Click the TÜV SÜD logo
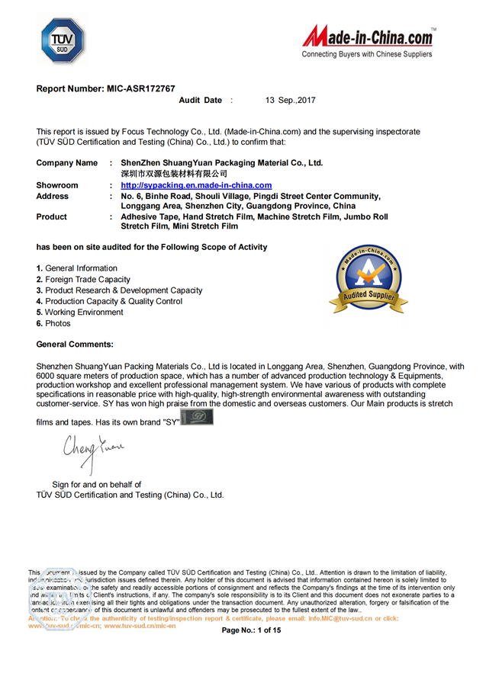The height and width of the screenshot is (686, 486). (x=63, y=40)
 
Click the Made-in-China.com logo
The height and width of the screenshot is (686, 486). (x=369, y=37)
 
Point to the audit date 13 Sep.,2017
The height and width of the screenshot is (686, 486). (x=290, y=101)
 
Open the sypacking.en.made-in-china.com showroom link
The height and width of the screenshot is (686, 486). (x=196, y=185)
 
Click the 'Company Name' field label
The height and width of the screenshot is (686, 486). (x=67, y=163)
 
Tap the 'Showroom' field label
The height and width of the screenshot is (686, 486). (x=57, y=185)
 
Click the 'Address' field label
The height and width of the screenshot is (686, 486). (x=53, y=196)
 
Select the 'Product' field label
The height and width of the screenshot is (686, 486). (x=52, y=216)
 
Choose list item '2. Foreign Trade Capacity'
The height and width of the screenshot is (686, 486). (x=83, y=280)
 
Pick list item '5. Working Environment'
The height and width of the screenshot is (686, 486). (x=79, y=313)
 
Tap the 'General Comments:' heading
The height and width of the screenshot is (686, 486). (x=75, y=345)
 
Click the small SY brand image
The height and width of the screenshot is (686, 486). (x=198, y=418)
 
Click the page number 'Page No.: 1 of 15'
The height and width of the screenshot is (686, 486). (x=252, y=630)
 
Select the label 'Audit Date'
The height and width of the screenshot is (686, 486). (x=200, y=101)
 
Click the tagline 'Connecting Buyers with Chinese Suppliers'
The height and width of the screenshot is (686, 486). (x=367, y=54)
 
